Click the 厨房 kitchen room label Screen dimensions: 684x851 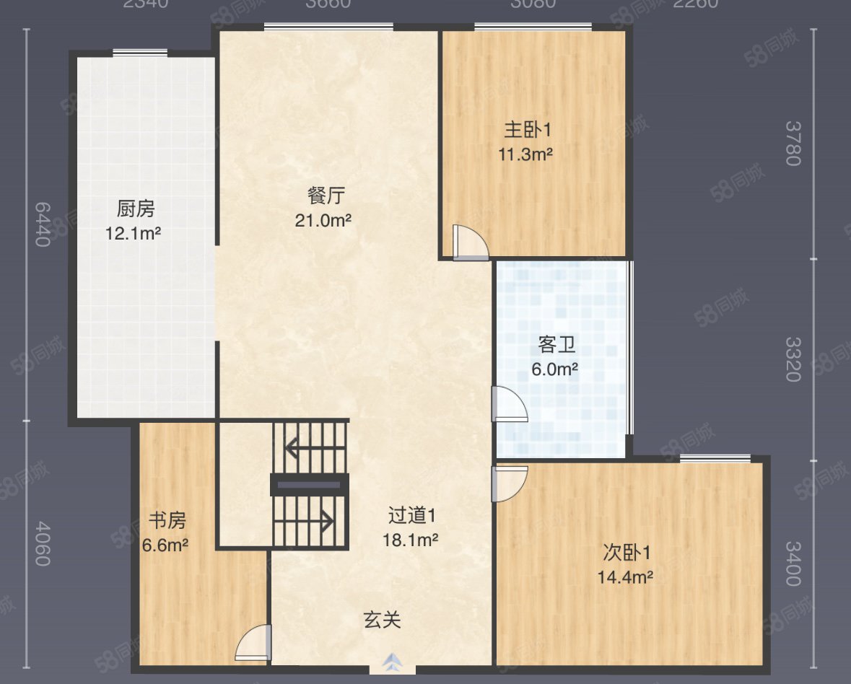(x=136, y=209)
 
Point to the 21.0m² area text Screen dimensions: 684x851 (x=323, y=221)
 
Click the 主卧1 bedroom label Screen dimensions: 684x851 (x=528, y=130)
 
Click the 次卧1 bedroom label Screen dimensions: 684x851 (x=627, y=553)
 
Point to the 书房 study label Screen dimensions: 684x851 (x=167, y=520)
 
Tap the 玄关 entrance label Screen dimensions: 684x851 (x=382, y=619)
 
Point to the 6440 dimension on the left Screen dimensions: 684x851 (x=43, y=224)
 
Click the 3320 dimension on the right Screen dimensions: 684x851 (x=793, y=359)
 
